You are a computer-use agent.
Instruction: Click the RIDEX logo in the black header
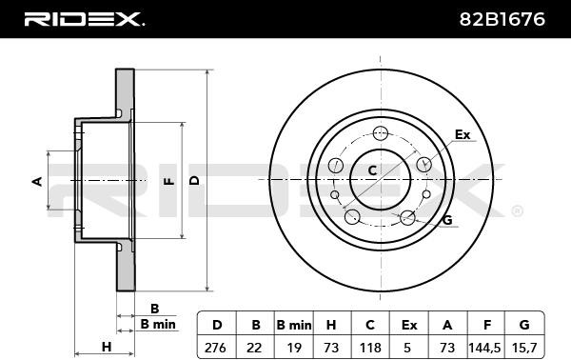[x=84, y=19]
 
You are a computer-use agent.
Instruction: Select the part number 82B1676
[x=502, y=19]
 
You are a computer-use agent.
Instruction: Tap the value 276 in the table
[x=215, y=348]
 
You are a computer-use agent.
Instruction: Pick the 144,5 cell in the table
[x=485, y=348]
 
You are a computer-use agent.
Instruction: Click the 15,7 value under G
[x=524, y=348]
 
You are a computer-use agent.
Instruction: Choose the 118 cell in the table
[x=370, y=348]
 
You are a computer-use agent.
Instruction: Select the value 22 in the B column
[x=254, y=348]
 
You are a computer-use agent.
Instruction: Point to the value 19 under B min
[x=294, y=348]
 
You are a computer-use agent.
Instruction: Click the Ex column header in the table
[x=409, y=325]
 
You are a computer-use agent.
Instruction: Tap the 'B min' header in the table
[x=294, y=325]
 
